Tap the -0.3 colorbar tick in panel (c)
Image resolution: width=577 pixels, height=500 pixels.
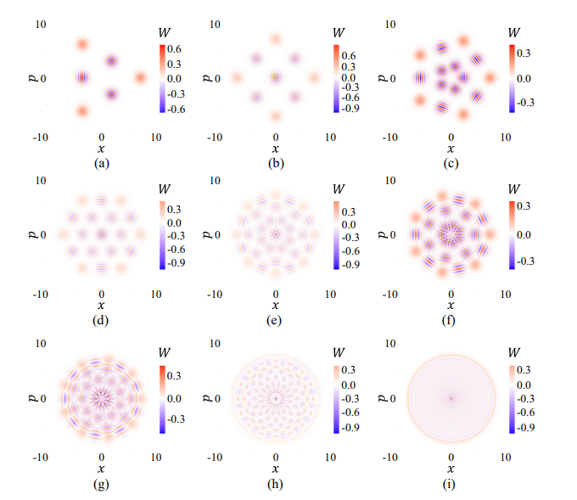(524, 101)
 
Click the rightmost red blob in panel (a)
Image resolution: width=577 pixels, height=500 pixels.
(141, 78)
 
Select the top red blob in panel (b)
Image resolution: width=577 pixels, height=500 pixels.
(275, 39)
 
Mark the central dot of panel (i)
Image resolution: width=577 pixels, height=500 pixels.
(451, 397)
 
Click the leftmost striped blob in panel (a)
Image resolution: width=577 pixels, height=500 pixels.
(81, 77)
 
